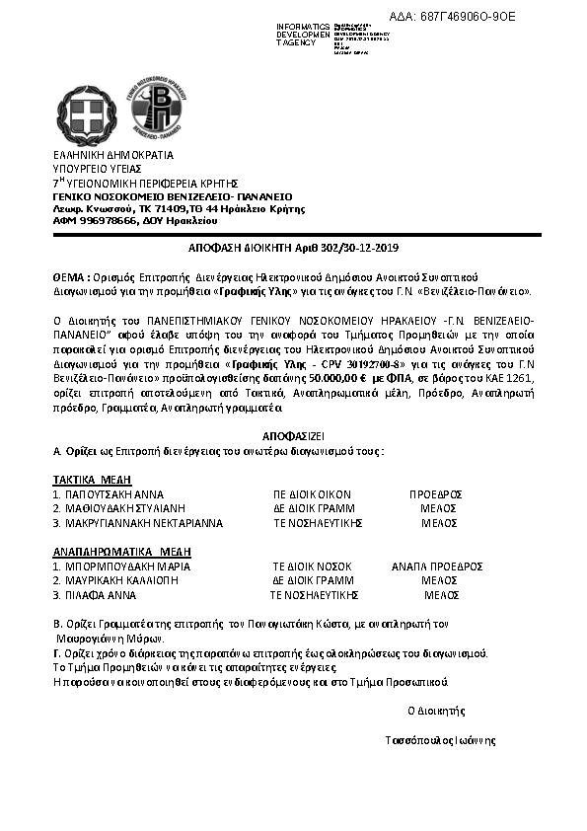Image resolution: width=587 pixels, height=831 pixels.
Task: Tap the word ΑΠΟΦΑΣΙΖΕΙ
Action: [x=293, y=435]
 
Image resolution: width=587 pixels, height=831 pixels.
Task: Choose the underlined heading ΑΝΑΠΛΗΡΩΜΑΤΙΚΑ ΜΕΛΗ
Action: [x=121, y=551]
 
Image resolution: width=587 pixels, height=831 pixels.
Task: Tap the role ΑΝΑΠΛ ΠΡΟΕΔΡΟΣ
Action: [x=436, y=567]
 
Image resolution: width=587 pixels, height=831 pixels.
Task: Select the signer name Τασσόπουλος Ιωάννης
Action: [x=439, y=740]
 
